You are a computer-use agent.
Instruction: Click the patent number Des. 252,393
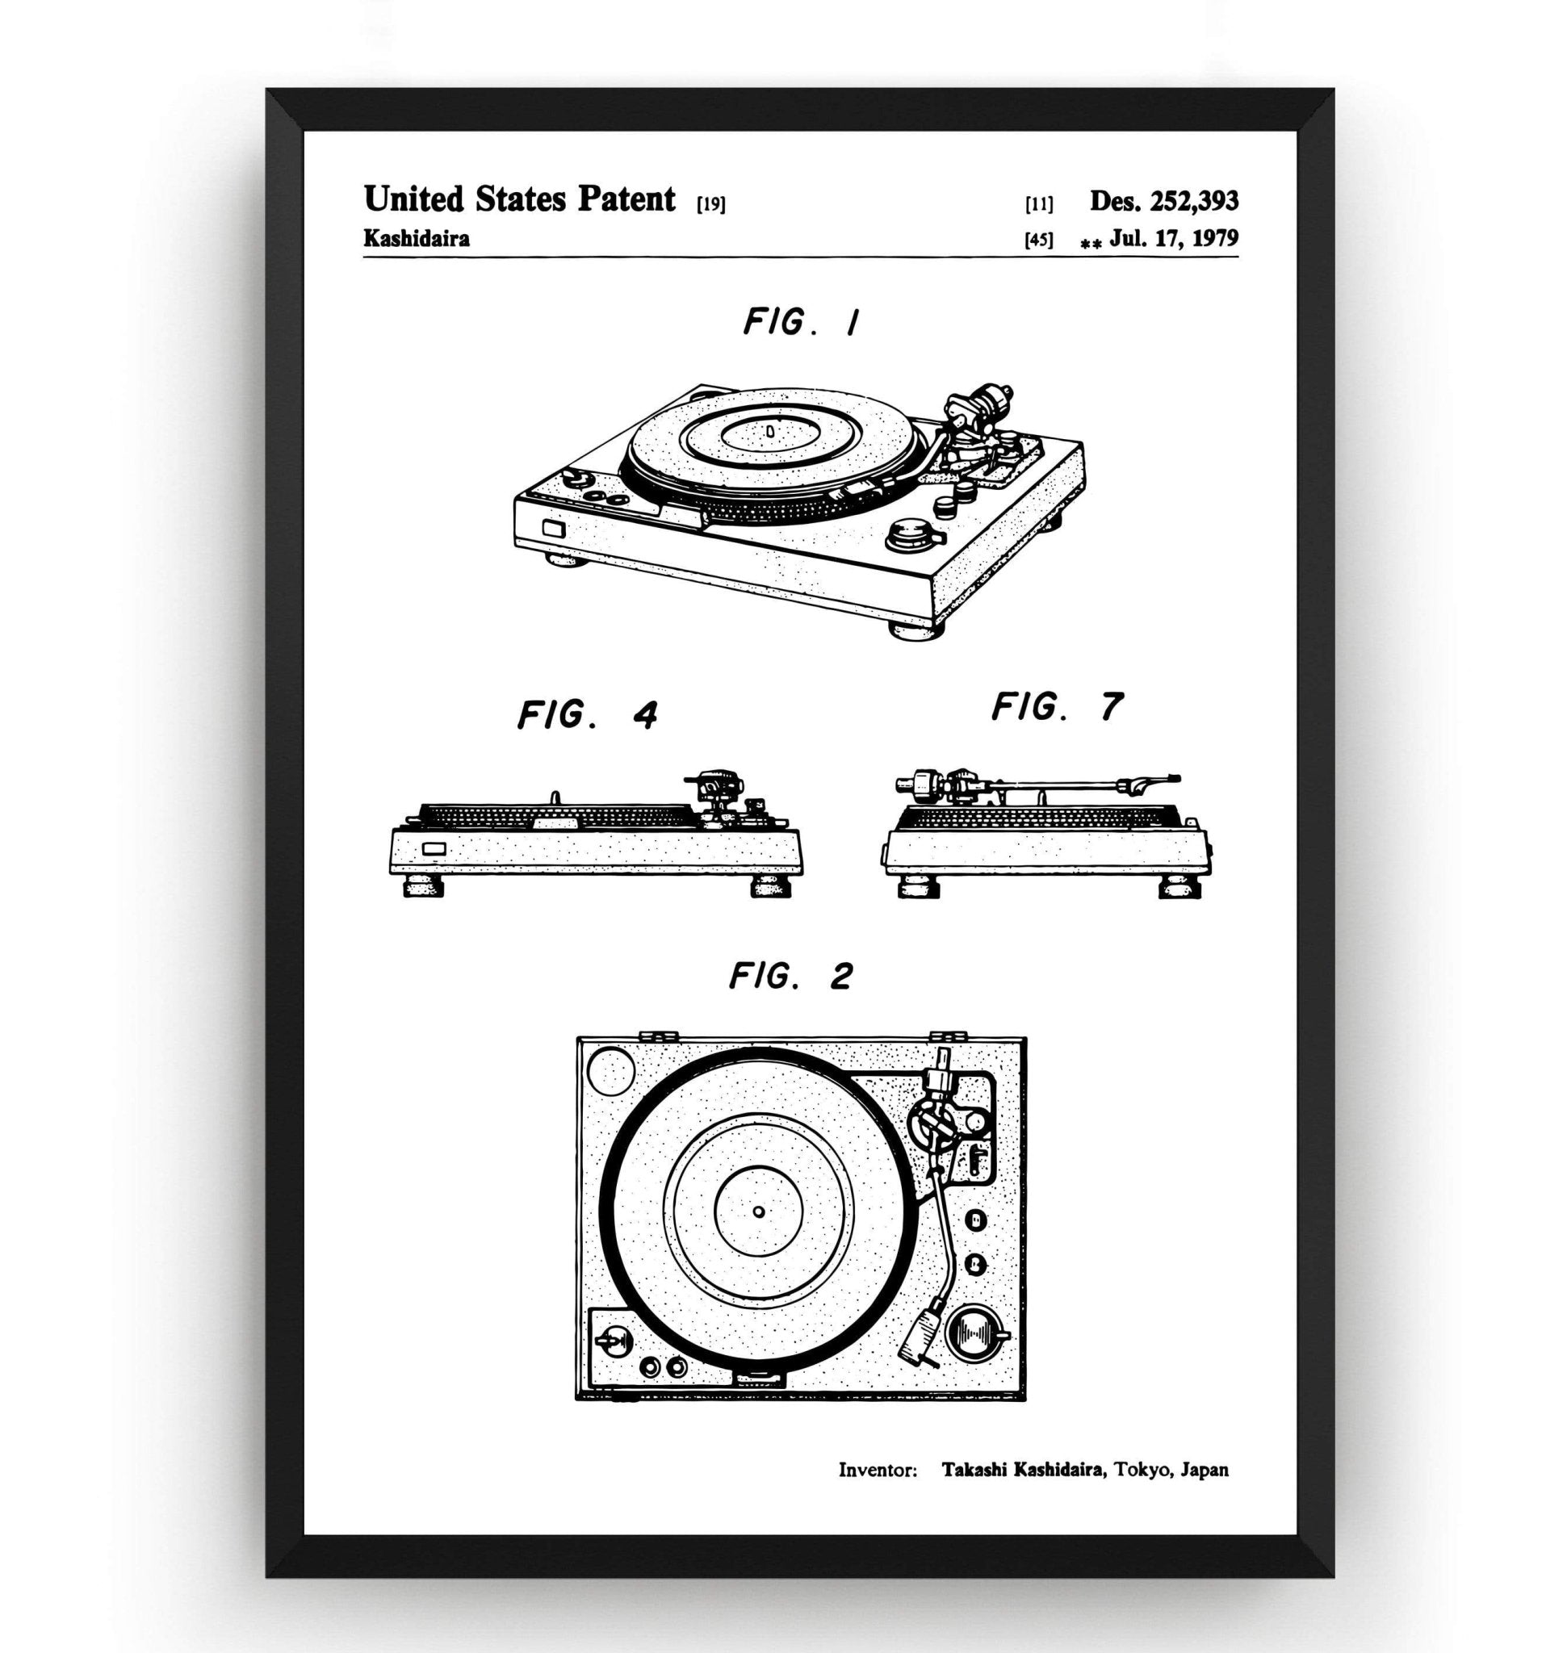[x=1163, y=200]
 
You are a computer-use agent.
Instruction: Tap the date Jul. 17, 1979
[x=1174, y=239]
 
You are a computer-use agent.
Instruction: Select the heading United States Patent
[x=519, y=199]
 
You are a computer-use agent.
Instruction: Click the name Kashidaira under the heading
[x=416, y=239]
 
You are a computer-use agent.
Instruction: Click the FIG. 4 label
[x=587, y=715]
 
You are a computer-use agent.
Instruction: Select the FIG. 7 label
[x=1057, y=708]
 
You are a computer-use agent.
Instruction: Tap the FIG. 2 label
[x=790, y=975]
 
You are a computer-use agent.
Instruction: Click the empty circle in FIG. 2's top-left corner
[x=611, y=1072]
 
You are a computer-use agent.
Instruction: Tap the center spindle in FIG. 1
[x=770, y=431]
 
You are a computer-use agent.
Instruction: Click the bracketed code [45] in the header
[x=1038, y=241]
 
